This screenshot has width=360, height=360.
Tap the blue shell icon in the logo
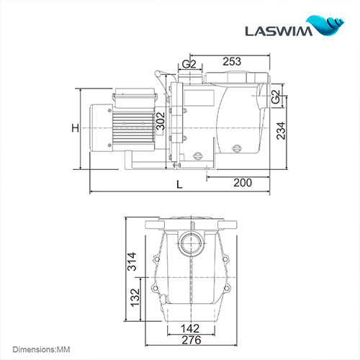click(x=330, y=26)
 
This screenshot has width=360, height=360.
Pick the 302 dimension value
click(x=161, y=122)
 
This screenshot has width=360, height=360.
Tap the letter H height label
click(x=74, y=128)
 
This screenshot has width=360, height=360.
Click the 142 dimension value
click(x=191, y=328)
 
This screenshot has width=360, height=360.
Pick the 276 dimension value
click(x=191, y=340)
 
